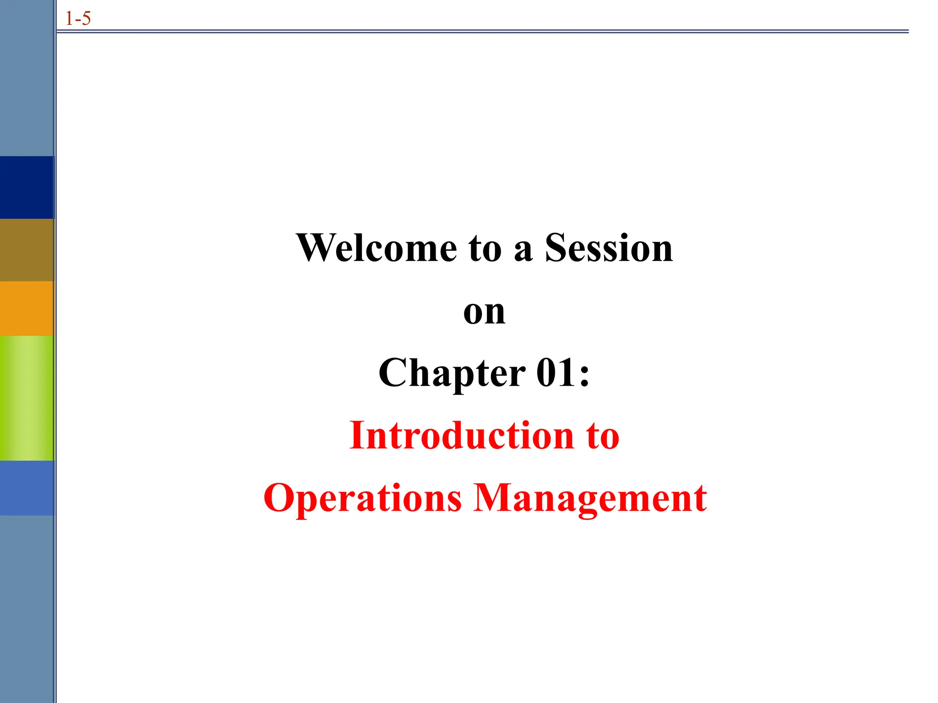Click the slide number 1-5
[78, 19]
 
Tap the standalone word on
[484, 312]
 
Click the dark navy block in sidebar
[27, 187]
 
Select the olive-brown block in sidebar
[27, 250]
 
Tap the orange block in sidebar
[27, 308]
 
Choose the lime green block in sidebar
[27, 398]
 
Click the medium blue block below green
[27, 488]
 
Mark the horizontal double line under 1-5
[481, 32]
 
